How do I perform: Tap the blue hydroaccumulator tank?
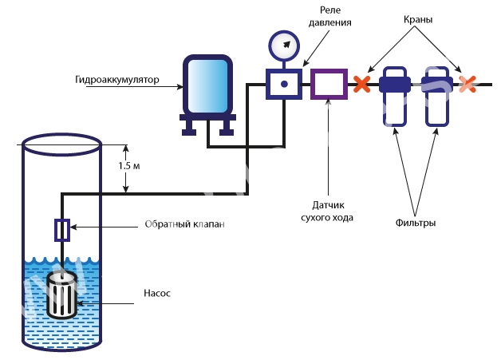(207, 85)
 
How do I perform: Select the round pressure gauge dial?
(282, 46)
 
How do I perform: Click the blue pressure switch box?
(282, 83)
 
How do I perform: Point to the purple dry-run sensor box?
(327, 83)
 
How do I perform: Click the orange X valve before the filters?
(363, 83)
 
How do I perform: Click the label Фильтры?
(416, 224)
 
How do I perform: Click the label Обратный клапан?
(185, 224)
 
